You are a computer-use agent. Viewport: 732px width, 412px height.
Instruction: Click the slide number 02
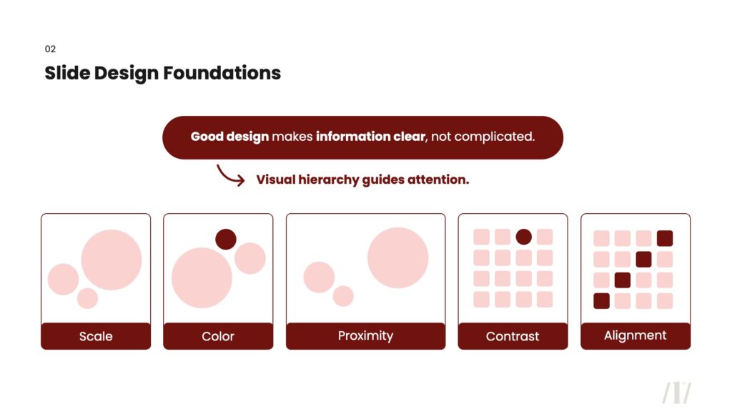point(50,49)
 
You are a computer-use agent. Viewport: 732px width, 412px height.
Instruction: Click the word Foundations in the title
point(222,73)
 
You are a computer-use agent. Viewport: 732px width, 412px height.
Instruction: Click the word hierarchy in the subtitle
point(329,180)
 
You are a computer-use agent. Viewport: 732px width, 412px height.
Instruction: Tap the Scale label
point(96,336)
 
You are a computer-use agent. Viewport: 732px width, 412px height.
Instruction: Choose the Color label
point(218,336)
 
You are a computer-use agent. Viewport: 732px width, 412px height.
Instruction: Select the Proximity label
point(365,336)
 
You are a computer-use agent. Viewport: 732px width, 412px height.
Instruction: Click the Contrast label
point(513,336)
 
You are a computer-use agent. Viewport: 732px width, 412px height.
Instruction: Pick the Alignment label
point(635,335)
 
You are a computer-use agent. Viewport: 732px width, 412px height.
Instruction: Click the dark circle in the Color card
point(226,239)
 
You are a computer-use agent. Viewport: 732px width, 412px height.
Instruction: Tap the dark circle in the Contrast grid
point(524,237)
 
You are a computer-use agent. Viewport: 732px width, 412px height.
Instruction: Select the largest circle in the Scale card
point(112,260)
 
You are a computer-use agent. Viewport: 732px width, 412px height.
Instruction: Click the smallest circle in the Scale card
point(87,298)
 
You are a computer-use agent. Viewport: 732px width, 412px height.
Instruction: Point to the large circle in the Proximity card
point(397,257)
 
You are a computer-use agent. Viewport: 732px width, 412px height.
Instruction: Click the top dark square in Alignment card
point(665,238)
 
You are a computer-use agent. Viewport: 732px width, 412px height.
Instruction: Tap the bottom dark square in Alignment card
point(601,301)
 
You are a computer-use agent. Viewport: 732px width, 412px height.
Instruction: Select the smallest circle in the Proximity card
point(343,295)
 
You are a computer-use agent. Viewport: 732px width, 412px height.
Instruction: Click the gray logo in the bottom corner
point(676,393)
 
